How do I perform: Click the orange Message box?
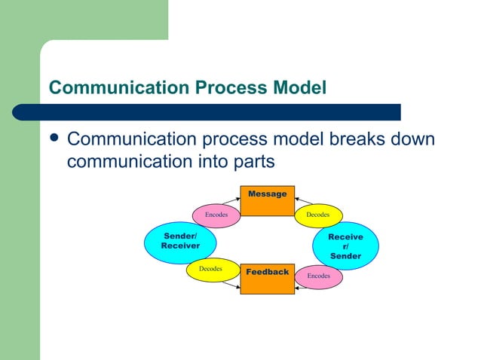[267, 200]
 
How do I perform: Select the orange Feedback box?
[267, 278]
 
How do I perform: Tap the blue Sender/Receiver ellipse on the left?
[180, 242]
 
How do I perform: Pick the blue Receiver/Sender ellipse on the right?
[345, 246]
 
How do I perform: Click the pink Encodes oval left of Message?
[216, 215]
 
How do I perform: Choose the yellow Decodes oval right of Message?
[317, 215]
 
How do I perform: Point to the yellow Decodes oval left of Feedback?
[210, 269]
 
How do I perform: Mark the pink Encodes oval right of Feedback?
[318, 276]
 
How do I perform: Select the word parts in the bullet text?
[253, 162]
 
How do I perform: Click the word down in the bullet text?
[410, 140]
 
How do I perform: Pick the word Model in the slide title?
[295, 88]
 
